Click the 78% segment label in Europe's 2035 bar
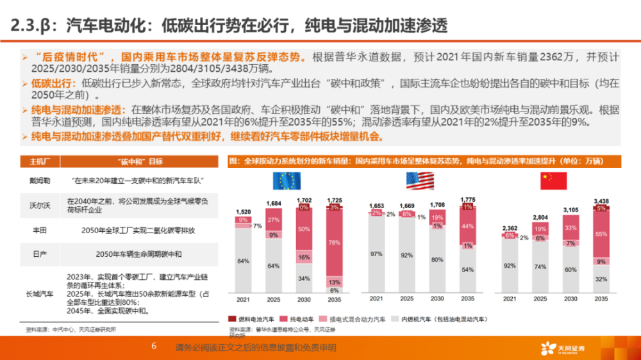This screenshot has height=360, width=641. coord(334,242)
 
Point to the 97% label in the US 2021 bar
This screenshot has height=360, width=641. coord(376,254)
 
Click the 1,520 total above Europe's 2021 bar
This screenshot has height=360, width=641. coord(243,211)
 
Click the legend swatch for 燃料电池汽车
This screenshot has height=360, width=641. coord(233,318)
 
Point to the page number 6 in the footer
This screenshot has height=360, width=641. coord(154,347)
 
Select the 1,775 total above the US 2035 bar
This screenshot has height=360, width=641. coord(468,199)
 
